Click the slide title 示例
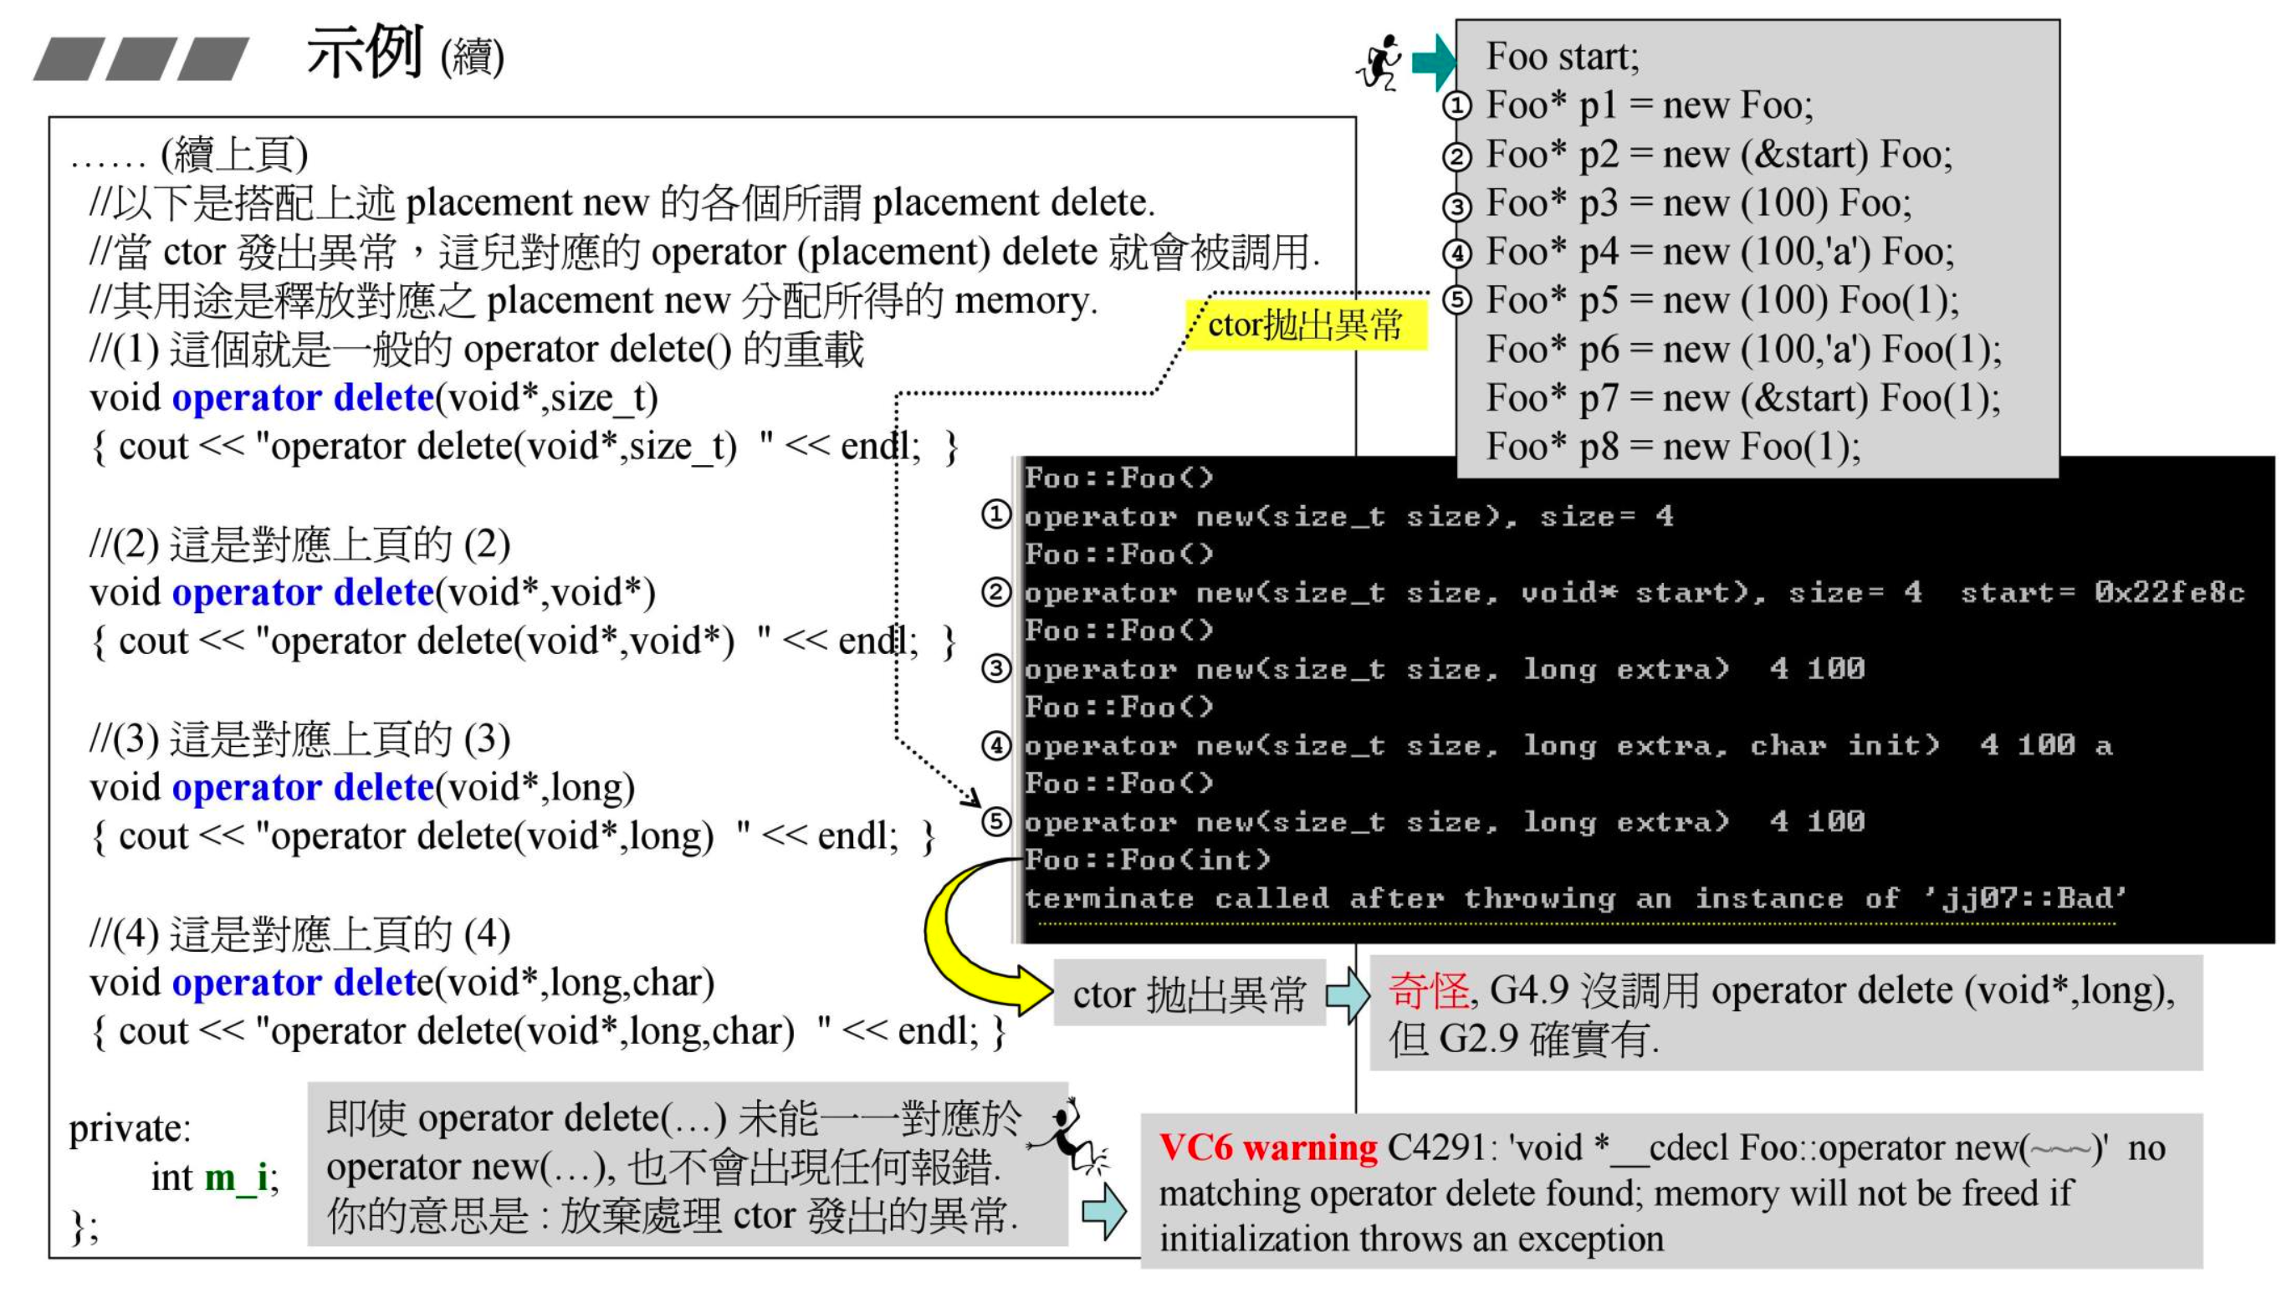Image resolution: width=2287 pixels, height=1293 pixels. [364, 54]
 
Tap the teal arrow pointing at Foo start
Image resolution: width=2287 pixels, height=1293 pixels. [1432, 62]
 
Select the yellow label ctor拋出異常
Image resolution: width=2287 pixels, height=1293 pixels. [1305, 325]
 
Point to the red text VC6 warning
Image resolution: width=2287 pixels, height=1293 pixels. [1267, 1147]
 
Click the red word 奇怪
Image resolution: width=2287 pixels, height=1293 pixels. [1428, 990]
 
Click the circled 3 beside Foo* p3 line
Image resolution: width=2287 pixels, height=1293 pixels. [1456, 206]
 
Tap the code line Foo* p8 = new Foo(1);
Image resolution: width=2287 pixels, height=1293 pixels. [1672, 447]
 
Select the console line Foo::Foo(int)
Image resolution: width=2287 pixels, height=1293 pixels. [1147, 860]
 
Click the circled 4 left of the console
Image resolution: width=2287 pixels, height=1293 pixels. [995, 745]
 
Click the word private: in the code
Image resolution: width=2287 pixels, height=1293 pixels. [130, 1129]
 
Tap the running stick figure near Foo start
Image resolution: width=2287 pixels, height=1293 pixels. [1380, 62]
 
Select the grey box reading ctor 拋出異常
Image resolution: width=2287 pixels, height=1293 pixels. [1189, 994]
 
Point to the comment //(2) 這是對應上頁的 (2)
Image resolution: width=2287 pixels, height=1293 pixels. [299, 544]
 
